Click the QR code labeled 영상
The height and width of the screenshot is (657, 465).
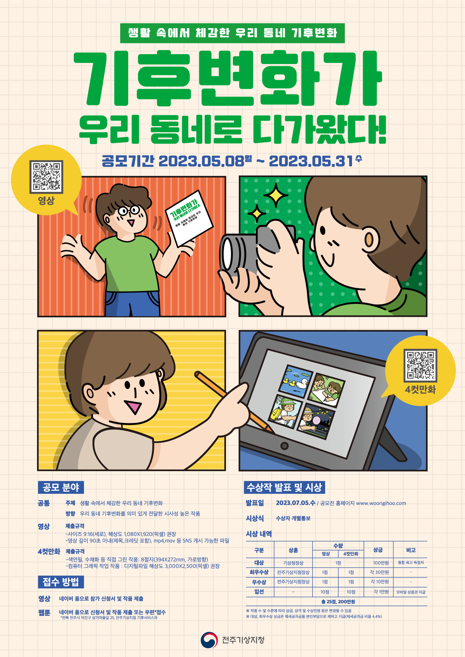[46, 177]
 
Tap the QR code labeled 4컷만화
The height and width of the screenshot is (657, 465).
[420, 365]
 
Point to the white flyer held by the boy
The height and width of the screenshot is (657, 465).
[189, 218]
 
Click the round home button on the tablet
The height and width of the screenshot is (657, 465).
[284, 446]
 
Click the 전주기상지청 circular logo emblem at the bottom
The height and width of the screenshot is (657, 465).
[209, 640]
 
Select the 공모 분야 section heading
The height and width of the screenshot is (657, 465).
[61, 487]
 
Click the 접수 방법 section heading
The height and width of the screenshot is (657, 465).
[61, 582]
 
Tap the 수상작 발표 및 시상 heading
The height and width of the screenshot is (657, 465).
[284, 487]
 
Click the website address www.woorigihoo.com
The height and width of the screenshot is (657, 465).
[381, 503]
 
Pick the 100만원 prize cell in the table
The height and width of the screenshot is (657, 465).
[381, 563]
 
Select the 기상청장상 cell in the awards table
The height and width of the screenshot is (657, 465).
[293, 563]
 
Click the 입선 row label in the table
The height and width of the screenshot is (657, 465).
[259, 592]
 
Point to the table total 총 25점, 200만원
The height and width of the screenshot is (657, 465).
[338, 601]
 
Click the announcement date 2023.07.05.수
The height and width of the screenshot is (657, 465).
[295, 503]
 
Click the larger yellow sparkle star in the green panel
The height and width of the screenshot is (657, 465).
[276, 195]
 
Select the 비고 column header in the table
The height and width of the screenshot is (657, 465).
[411, 550]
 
